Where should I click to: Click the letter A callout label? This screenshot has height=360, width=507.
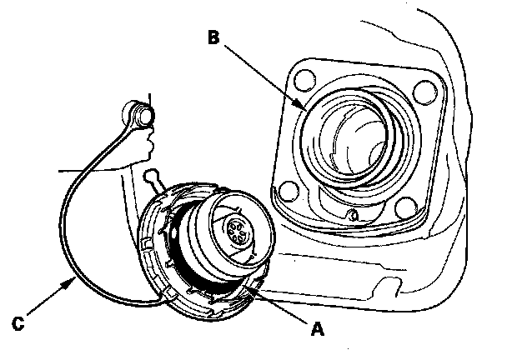(315, 329)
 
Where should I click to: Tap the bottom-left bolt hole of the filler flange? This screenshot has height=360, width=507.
(287, 192)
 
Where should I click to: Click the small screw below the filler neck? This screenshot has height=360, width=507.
(354, 217)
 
